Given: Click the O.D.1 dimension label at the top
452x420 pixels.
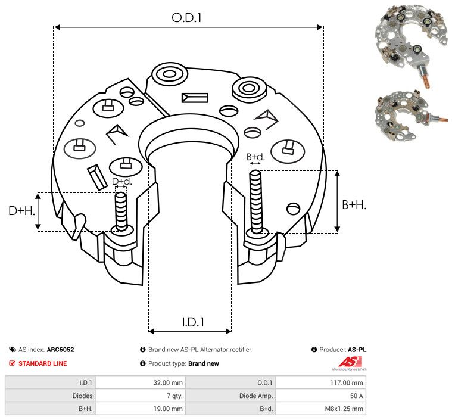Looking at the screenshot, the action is tap(186, 18).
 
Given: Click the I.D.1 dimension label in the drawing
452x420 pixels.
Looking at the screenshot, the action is tap(193, 322).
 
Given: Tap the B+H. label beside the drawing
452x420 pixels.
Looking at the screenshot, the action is tap(354, 205).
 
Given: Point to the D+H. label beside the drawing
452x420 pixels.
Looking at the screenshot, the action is tap(22, 211).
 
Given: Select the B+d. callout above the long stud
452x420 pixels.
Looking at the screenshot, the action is tap(255, 157).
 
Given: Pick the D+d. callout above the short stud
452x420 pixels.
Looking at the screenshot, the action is tap(121, 182).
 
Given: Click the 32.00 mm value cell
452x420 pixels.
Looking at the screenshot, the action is tap(168, 383).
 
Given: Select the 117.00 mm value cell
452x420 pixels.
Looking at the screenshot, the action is tap(347, 383).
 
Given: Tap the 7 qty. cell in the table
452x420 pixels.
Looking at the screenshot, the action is tap(174, 396).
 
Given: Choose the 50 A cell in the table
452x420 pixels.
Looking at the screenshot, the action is tap(356, 396).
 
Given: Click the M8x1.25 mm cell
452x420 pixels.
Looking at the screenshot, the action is tap(344, 409).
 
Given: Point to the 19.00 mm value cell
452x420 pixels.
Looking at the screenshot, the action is tap(168, 409).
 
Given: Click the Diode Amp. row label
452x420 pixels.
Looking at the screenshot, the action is tap(256, 396).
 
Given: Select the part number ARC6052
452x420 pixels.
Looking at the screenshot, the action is tap(61, 350).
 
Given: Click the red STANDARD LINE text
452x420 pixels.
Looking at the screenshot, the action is tap(43, 363).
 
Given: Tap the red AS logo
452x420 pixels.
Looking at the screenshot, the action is tap(350, 362).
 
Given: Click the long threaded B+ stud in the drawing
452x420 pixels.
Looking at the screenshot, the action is tap(255, 202).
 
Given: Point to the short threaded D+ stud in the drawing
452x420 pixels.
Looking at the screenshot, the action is tap(121, 211).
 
